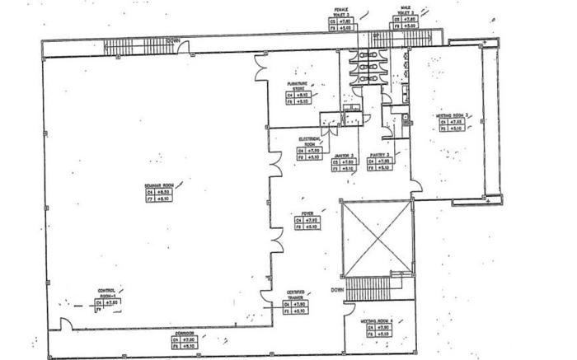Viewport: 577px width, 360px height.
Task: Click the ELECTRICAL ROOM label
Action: [x=309, y=141]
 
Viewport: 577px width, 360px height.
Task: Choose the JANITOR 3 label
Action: [x=344, y=155]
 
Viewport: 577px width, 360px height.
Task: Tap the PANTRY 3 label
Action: [x=379, y=155]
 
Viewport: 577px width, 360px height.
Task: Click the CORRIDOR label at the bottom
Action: [x=184, y=332]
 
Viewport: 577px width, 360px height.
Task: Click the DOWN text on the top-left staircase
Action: [x=172, y=40]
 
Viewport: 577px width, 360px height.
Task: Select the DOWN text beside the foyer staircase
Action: [x=337, y=290]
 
